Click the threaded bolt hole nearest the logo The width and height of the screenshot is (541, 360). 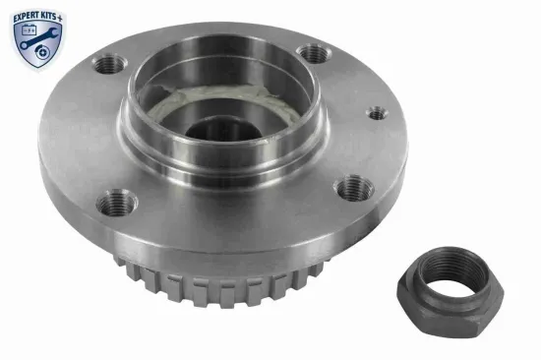109,65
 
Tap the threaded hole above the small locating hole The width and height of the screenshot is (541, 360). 314,51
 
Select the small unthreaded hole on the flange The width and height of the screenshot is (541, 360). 377,113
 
